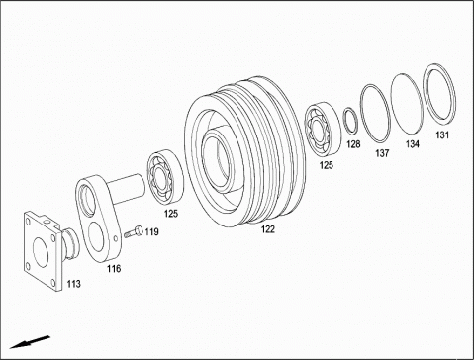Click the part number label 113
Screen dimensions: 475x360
pos(73,284)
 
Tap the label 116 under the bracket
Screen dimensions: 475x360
pos(114,269)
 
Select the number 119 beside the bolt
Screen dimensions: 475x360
pos(151,232)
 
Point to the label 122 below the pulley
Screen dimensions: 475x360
pos(268,229)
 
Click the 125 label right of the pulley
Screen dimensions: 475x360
pos(327,165)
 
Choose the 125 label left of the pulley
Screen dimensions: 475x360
pos(171,214)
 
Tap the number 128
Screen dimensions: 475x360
pos(353,144)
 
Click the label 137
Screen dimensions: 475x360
pos(382,153)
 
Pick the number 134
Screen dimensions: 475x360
pos(413,144)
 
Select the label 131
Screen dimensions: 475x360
pos(442,135)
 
